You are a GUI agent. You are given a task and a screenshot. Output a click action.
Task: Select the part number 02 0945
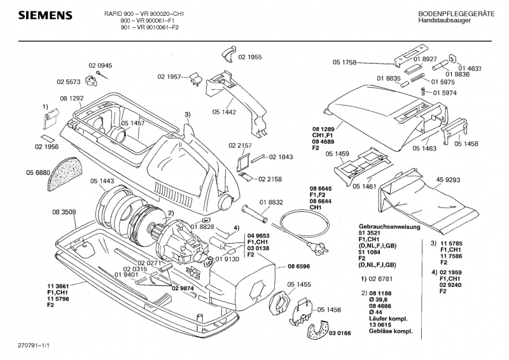100,66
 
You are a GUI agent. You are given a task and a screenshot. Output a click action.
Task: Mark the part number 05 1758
344,62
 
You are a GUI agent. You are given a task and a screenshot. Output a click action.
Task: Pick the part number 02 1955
250,57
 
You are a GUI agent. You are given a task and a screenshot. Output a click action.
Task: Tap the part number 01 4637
470,68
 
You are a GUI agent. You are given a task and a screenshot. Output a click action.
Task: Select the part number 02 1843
281,156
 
